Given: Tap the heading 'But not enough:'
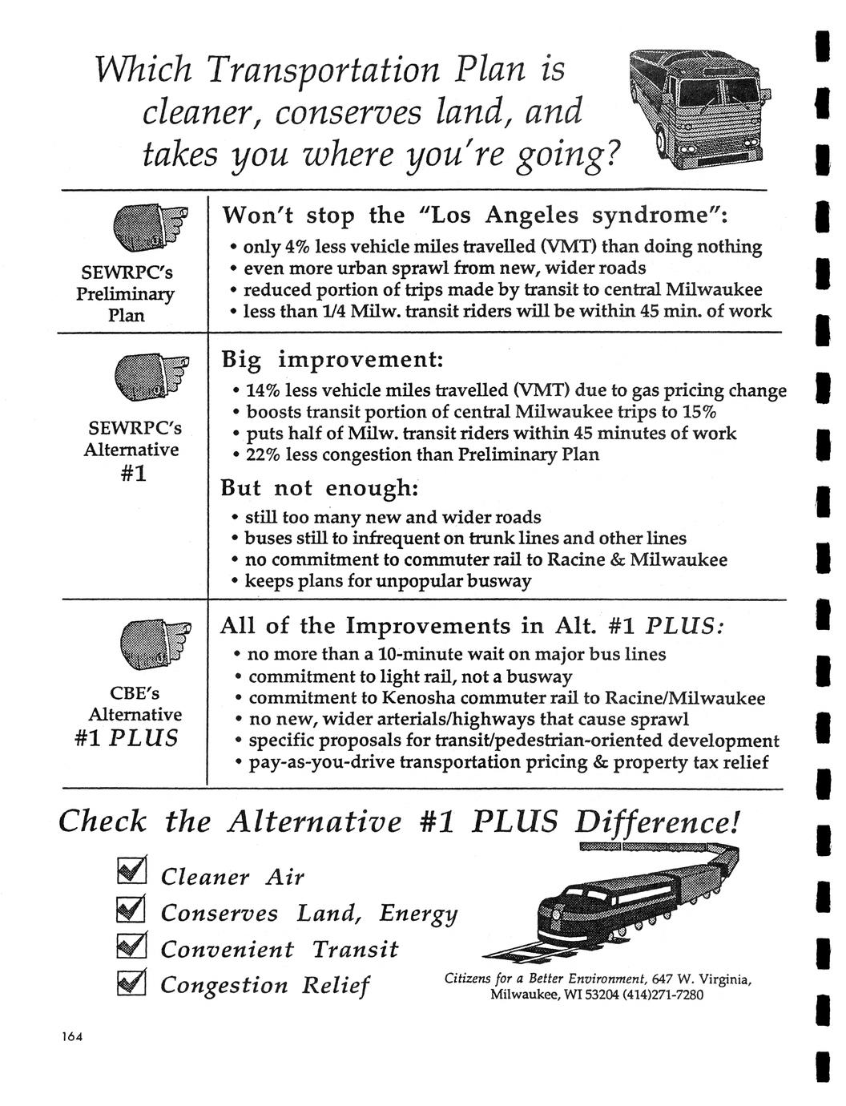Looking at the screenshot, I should click(320, 488).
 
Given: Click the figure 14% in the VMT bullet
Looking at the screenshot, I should click(264, 391).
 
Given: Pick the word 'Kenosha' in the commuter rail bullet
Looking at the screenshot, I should click(417, 697).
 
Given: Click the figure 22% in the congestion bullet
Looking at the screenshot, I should click(264, 454).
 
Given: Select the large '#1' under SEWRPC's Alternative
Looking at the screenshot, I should click(132, 473).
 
